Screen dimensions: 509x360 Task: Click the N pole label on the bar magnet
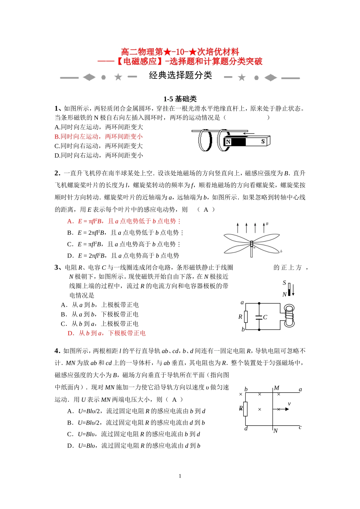click(228, 142)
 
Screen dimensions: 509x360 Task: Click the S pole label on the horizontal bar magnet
click(263, 142)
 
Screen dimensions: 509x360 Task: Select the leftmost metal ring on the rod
click(205, 140)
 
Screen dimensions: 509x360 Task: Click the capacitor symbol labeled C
click(260, 317)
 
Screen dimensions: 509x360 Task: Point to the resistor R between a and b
click(246, 317)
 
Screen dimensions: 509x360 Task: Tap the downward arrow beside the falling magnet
click(293, 290)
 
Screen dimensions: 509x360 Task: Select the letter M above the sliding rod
click(277, 388)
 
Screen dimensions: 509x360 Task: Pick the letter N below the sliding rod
click(275, 431)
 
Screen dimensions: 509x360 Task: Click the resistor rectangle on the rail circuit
click(246, 409)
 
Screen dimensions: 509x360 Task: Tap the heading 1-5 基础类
click(180, 99)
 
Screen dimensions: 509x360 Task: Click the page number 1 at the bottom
click(180, 476)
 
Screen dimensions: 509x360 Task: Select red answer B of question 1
click(99, 136)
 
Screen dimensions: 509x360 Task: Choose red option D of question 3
click(106, 333)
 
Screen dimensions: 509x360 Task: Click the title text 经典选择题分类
click(180, 75)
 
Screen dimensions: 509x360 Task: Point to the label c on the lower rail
click(300, 428)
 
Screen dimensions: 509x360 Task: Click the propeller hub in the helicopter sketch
click(251, 244)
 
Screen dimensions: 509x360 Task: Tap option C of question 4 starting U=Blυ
click(133, 434)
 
